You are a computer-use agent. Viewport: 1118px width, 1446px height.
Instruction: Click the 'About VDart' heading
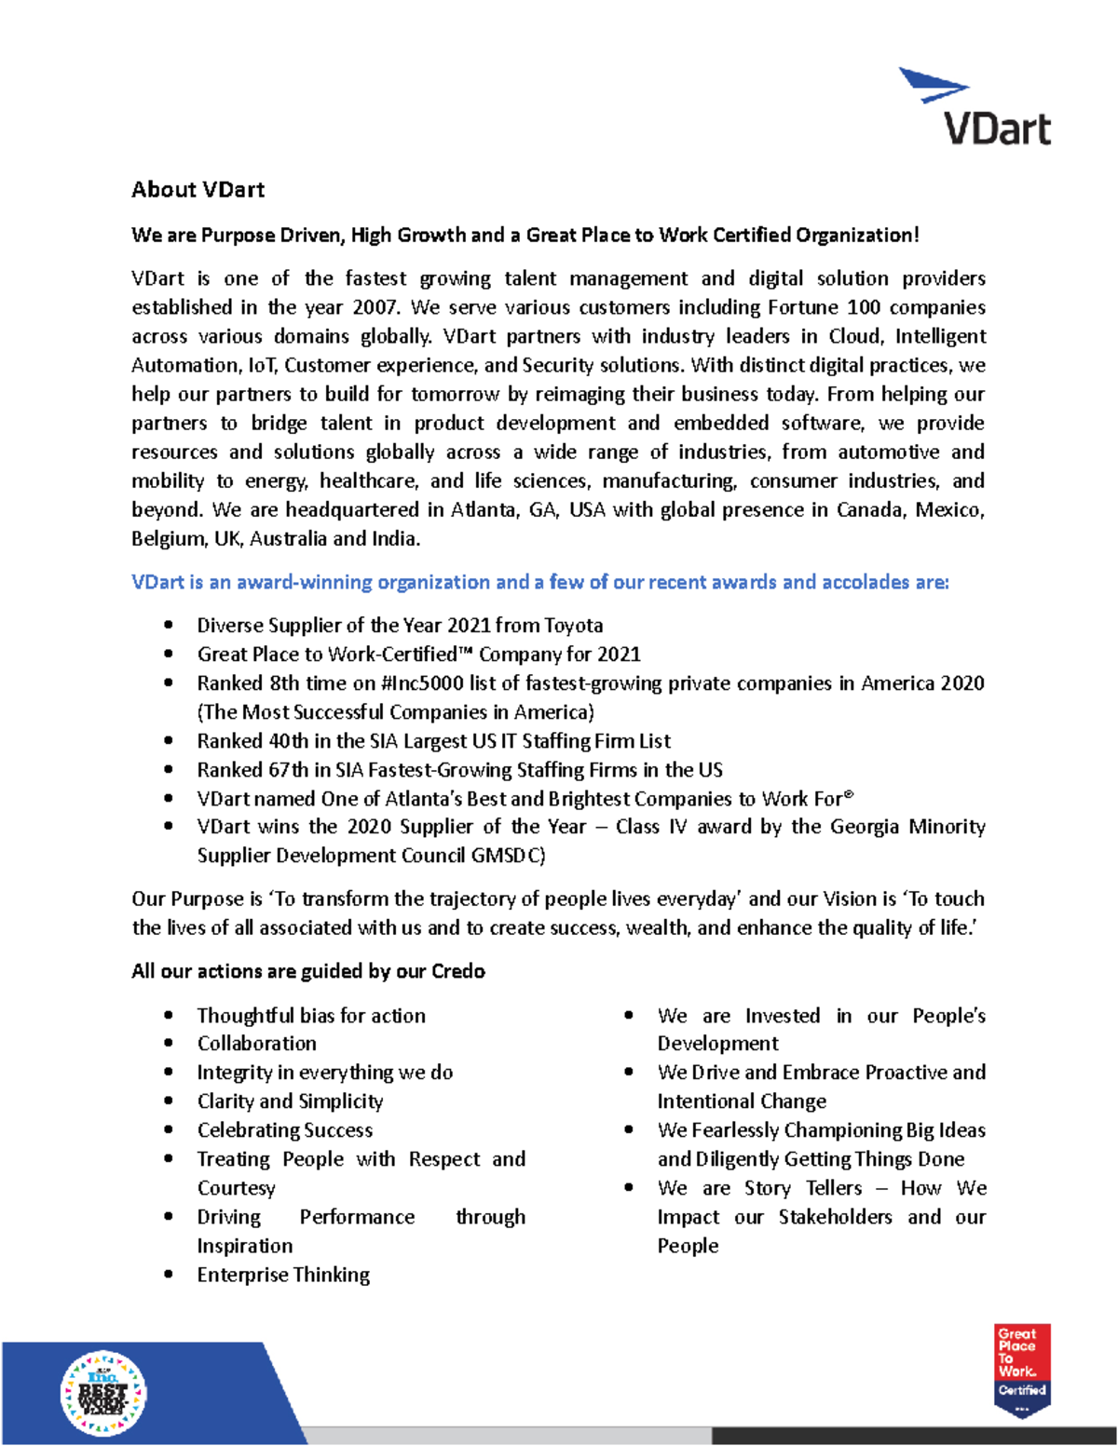click(198, 190)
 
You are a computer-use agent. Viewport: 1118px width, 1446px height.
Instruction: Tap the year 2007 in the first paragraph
click(375, 307)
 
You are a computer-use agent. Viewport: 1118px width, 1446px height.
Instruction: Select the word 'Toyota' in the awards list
click(573, 626)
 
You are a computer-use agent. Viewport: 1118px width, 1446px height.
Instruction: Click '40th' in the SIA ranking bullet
click(288, 741)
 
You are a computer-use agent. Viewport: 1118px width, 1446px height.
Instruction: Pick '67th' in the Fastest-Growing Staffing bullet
click(288, 770)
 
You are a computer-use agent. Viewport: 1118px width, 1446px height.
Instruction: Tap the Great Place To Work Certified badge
click(1022, 1369)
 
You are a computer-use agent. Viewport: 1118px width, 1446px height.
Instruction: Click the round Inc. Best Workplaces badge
click(103, 1393)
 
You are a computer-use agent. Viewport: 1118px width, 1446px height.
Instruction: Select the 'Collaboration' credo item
click(256, 1044)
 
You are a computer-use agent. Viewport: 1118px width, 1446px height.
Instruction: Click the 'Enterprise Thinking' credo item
click(283, 1275)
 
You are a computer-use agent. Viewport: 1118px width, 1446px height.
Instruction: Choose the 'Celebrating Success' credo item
click(284, 1130)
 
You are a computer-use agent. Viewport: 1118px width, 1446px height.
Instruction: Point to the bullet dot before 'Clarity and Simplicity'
click(168, 1101)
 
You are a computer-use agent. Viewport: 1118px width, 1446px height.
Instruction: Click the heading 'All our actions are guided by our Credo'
click(307, 971)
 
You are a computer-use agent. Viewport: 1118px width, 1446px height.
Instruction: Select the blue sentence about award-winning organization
click(540, 583)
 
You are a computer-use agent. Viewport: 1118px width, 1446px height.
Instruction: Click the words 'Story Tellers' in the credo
click(803, 1189)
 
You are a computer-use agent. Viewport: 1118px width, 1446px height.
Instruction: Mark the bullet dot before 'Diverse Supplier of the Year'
click(168, 626)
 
